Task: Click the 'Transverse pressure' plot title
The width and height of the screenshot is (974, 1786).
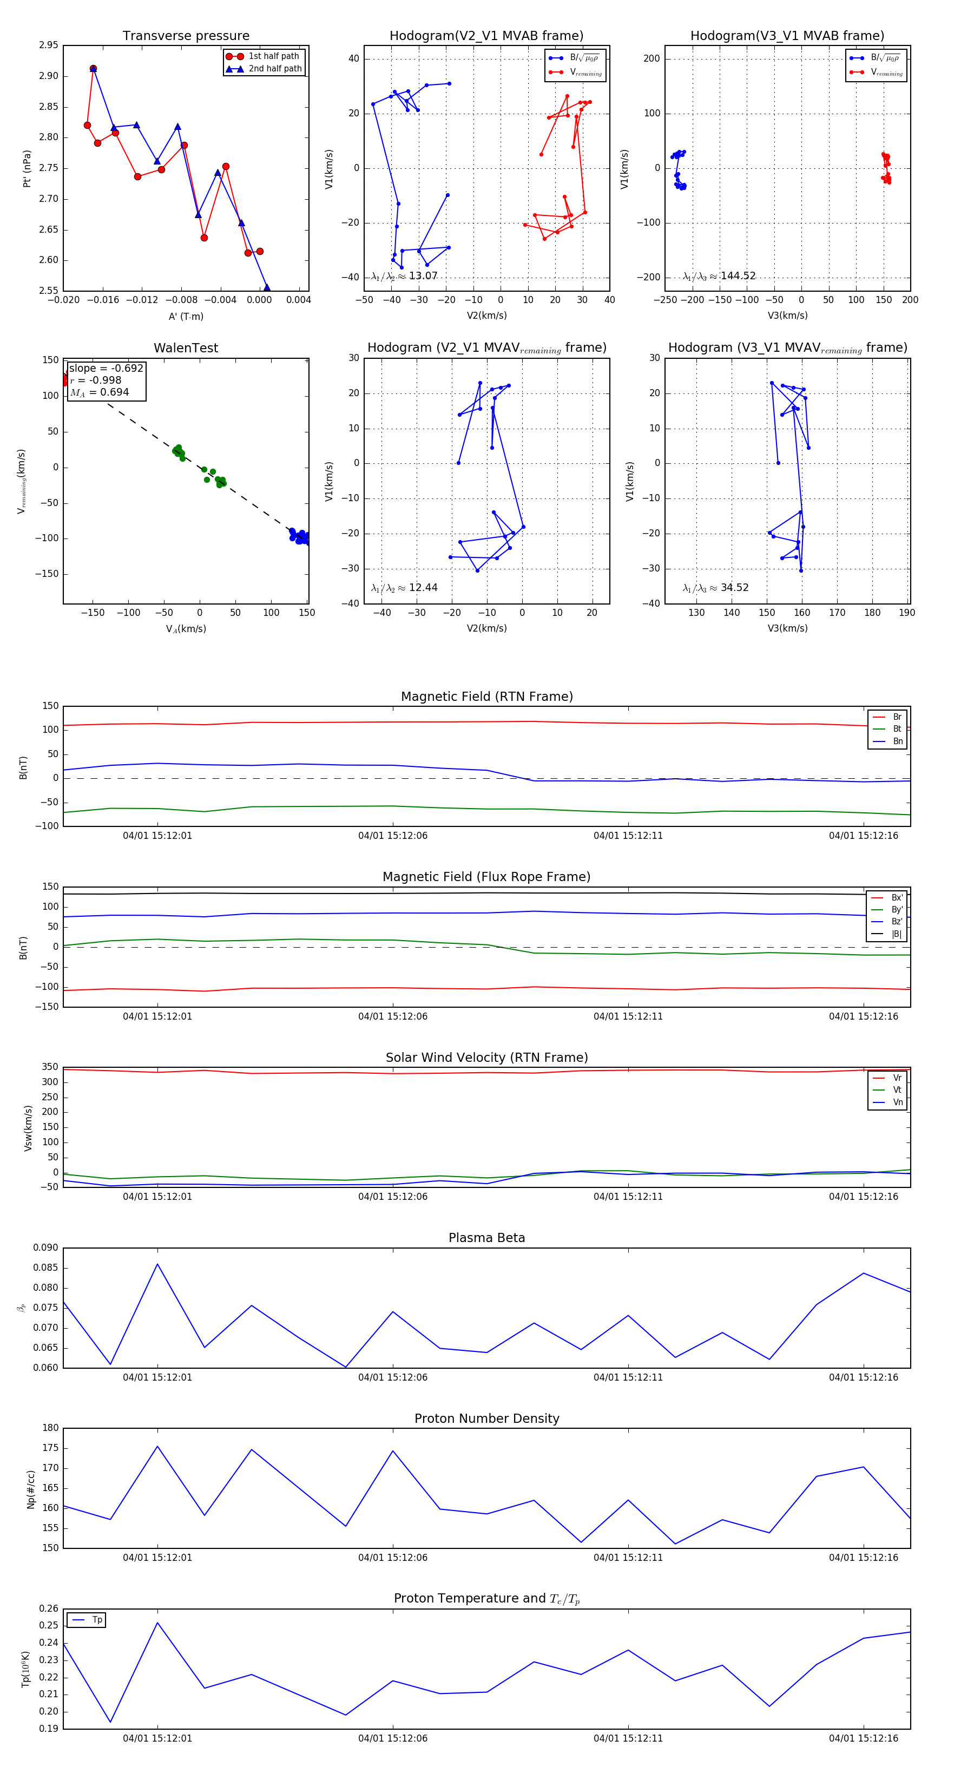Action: (x=186, y=36)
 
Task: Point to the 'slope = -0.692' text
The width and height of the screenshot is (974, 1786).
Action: (x=106, y=368)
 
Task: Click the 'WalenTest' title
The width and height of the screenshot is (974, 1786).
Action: (x=186, y=348)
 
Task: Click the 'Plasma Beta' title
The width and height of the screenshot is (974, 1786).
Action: (x=486, y=1238)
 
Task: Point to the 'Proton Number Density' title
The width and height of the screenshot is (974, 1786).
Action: (x=486, y=1419)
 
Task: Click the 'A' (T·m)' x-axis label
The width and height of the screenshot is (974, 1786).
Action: (x=186, y=316)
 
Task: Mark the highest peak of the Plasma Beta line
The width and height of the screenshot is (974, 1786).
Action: (x=157, y=1263)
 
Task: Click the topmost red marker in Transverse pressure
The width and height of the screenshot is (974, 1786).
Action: (x=93, y=69)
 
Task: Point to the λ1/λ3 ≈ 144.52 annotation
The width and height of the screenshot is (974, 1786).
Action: (x=719, y=276)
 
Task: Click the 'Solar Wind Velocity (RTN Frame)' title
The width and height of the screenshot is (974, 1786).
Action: (x=486, y=1058)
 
